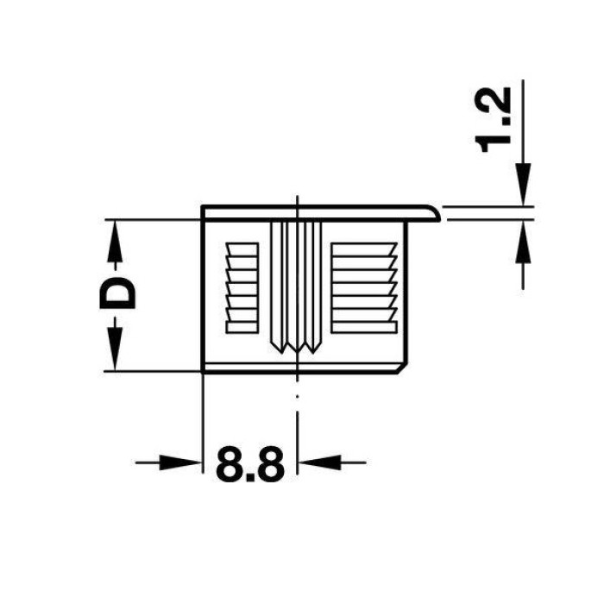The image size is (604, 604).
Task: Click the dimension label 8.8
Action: tap(250, 464)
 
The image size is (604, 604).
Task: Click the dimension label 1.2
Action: tap(494, 120)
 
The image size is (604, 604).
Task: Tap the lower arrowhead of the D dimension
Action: tap(114, 349)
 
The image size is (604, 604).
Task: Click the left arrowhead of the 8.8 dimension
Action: tap(180, 462)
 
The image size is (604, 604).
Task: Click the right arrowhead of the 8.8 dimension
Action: tap(320, 462)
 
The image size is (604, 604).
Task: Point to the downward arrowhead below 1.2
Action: tap(523, 184)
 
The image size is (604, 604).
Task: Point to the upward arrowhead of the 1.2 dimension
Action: tap(523, 242)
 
